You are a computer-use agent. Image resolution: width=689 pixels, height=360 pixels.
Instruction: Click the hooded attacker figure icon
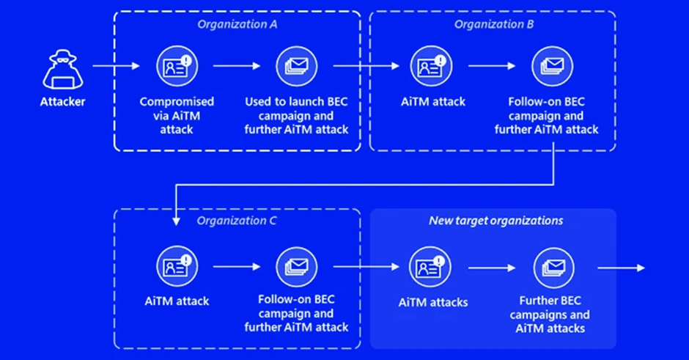pyautogui.click(x=62, y=70)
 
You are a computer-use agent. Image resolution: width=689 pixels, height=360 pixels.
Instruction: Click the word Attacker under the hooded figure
pyautogui.click(x=62, y=102)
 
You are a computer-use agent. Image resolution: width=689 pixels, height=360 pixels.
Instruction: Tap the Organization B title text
pyautogui.click(x=494, y=24)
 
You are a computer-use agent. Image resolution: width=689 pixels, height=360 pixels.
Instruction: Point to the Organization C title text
pyautogui.click(x=236, y=219)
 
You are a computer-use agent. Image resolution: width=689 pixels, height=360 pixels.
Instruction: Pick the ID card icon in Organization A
pyautogui.click(x=177, y=65)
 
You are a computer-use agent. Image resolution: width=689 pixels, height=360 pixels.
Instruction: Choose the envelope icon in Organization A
pyautogui.click(x=297, y=65)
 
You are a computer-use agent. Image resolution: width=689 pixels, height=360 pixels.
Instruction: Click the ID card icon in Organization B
pyautogui.click(x=432, y=65)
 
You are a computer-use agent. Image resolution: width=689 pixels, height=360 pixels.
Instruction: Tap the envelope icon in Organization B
pyautogui.click(x=553, y=65)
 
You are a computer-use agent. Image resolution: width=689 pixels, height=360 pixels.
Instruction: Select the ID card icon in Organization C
pyautogui.click(x=177, y=267)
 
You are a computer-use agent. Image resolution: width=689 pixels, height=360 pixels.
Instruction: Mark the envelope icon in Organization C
pyautogui.click(x=297, y=267)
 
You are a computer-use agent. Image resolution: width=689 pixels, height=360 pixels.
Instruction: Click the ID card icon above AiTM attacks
pyautogui.click(x=432, y=268)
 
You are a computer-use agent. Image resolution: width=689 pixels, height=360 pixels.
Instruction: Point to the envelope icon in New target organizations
pyautogui.click(x=553, y=268)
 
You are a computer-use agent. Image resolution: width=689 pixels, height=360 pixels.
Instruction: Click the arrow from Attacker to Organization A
pyautogui.click(x=116, y=67)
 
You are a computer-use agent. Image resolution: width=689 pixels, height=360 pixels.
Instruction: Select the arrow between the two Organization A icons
pyautogui.click(x=237, y=66)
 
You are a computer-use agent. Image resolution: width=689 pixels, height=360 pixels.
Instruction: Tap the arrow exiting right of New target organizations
pyautogui.click(x=622, y=268)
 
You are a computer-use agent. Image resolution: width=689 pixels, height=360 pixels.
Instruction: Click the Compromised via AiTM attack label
pyautogui.click(x=177, y=116)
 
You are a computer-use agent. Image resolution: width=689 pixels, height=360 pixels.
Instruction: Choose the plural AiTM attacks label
pyautogui.click(x=432, y=302)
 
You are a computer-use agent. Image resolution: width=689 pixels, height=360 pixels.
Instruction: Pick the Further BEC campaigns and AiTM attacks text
pyautogui.click(x=553, y=315)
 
